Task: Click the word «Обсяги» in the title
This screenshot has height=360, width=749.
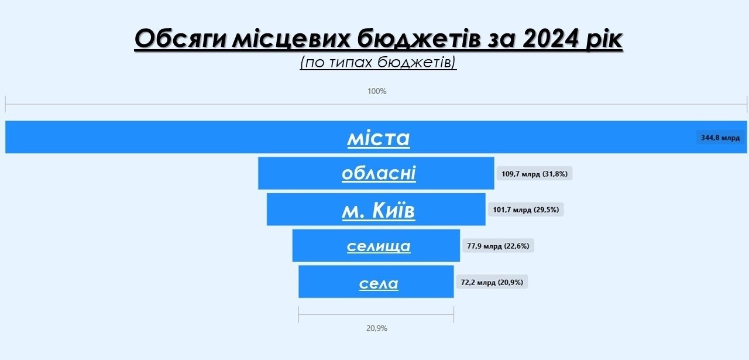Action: (181, 39)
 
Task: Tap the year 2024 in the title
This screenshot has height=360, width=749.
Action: (551, 38)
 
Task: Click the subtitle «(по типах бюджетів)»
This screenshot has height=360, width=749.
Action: (378, 63)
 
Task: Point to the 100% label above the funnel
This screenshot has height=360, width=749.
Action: (377, 91)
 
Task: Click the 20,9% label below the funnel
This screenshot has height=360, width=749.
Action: (376, 328)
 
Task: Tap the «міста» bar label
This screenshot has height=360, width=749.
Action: (379, 138)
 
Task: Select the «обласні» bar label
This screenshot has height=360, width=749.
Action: (379, 173)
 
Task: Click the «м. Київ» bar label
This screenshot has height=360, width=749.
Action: (378, 211)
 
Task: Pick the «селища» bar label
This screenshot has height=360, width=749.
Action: (379, 246)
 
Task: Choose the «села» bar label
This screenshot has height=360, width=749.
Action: (379, 284)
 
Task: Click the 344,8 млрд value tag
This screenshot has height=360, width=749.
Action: (720, 138)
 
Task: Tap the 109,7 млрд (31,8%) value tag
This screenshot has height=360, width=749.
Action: (534, 174)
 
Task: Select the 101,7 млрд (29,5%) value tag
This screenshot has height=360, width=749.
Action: (525, 210)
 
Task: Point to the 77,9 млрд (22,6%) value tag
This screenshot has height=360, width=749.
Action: (498, 246)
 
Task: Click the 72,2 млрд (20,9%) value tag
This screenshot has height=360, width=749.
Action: (492, 282)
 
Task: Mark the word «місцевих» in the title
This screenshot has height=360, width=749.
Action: (291, 39)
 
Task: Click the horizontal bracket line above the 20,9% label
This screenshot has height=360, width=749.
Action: (376, 314)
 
